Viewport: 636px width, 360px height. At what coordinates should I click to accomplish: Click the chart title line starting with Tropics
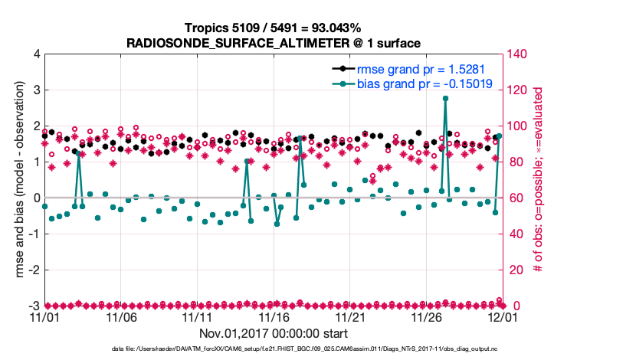point(274,28)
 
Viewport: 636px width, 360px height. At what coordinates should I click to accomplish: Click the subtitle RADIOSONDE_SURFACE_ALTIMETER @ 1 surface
point(274,43)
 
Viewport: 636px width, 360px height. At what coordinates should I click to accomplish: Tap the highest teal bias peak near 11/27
point(445,99)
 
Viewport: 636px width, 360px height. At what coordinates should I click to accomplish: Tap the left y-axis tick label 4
point(37,54)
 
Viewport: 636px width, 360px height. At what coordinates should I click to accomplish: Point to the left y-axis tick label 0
point(37,198)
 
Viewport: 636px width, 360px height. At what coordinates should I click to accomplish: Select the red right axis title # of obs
point(539,180)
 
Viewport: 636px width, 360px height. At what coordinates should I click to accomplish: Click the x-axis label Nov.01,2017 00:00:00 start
point(274,333)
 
